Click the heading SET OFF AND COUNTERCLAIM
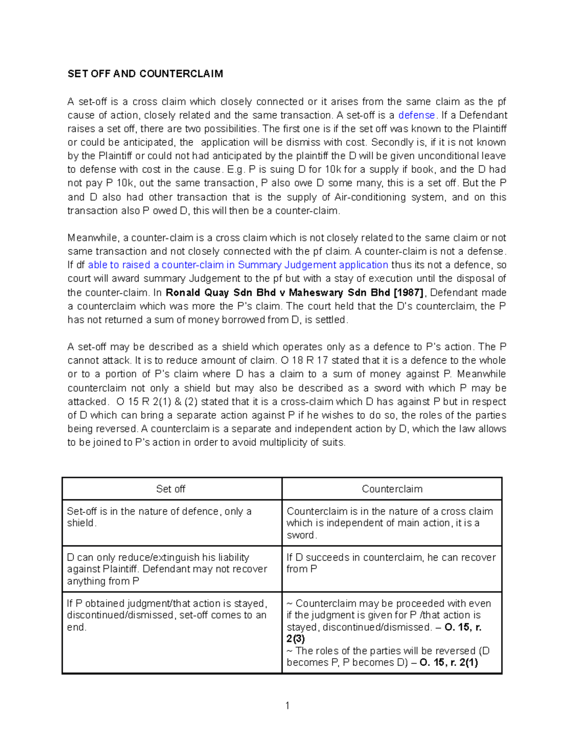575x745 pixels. tap(145, 74)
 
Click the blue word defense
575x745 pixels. tap(416, 115)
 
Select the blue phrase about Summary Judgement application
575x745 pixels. tap(238, 265)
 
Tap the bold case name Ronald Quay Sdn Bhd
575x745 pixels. tap(225, 293)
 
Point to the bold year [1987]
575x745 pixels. tap(408, 293)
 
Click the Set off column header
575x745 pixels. tap(171, 489)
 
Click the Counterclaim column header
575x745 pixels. tap(392, 489)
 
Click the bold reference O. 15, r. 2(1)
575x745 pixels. tap(448, 662)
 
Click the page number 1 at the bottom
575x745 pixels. tap(287, 705)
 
